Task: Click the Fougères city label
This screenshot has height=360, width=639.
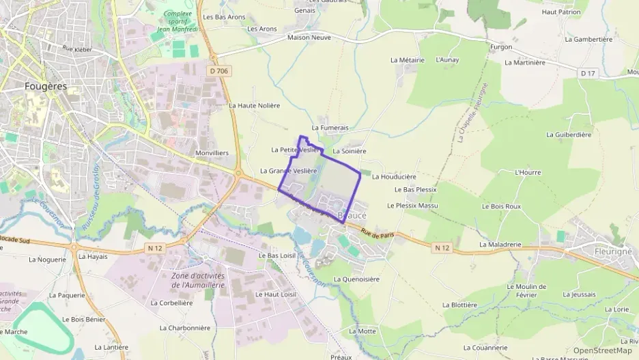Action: pyautogui.click(x=45, y=87)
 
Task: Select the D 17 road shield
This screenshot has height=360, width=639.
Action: pyautogui.click(x=587, y=73)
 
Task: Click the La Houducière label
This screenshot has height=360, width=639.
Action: pyautogui.click(x=394, y=176)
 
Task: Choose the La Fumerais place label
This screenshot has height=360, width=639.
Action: pyautogui.click(x=330, y=128)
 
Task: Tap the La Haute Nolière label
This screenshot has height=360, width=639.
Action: pyautogui.click(x=254, y=106)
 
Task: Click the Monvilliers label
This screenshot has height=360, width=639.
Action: pyautogui.click(x=212, y=153)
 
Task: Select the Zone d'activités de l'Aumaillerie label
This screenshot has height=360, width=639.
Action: pyautogui.click(x=199, y=279)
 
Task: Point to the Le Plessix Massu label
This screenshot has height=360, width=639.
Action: pyautogui.click(x=412, y=206)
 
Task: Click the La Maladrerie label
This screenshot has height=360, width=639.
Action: pyautogui.click(x=500, y=244)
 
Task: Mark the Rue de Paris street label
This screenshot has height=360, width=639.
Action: pyautogui.click(x=378, y=234)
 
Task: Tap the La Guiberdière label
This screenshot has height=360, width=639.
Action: pyautogui.click(x=569, y=135)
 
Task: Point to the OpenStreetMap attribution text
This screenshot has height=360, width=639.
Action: pyautogui.click(x=602, y=350)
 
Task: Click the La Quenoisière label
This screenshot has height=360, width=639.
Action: pyautogui.click(x=356, y=279)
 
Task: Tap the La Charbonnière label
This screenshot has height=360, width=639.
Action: pyautogui.click(x=185, y=327)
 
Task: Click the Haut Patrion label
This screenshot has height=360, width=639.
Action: pyautogui.click(x=561, y=12)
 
